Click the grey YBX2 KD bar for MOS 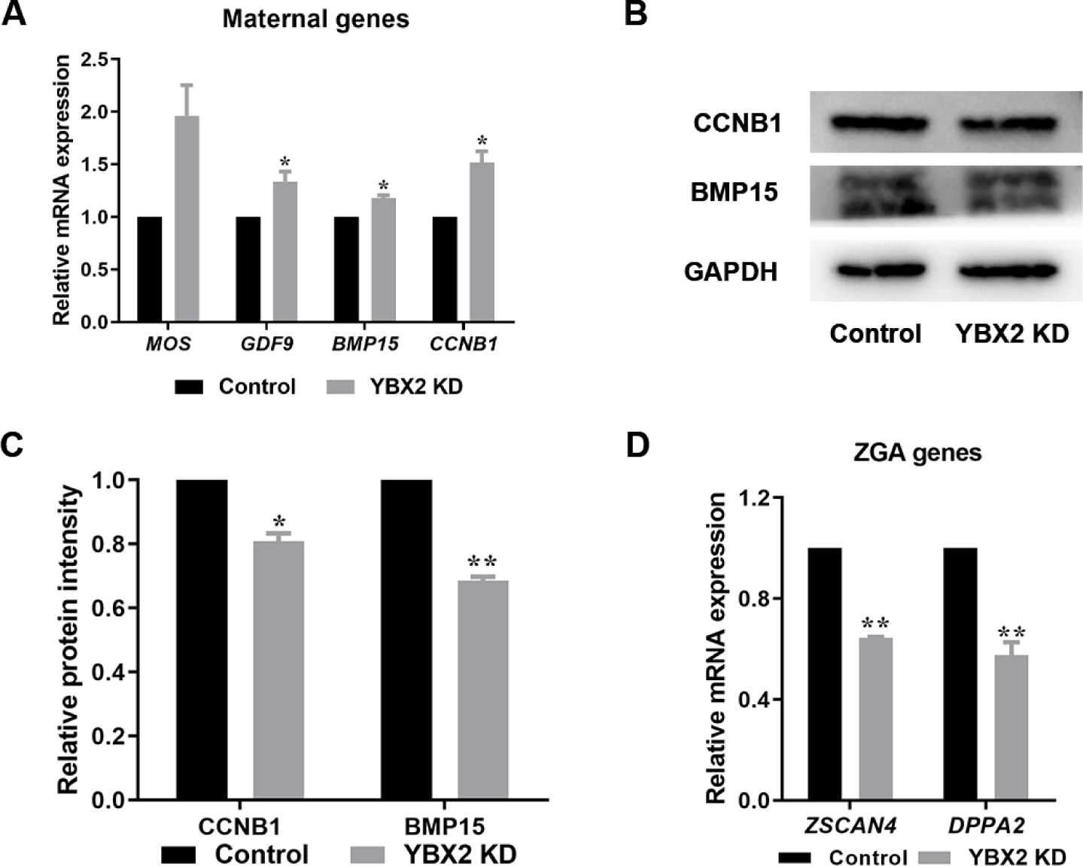pos(187,219)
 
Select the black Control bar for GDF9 pos(248,269)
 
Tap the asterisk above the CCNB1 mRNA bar pos(482,141)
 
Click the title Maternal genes pos(315,19)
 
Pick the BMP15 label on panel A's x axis pos(365,345)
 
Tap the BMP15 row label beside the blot pos(734,193)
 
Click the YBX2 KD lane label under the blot pos(1012,333)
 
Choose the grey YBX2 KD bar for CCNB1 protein pos(278,670)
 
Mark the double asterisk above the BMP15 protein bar pos(482,562)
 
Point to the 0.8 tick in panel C pos(108,544)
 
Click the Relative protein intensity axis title pos(68,640)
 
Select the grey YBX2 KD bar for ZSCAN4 pos(875,719)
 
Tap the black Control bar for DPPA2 pos(960,674)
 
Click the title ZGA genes pos(917,453)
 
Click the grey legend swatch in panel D pos(937,858)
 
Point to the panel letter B pos(637,14)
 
